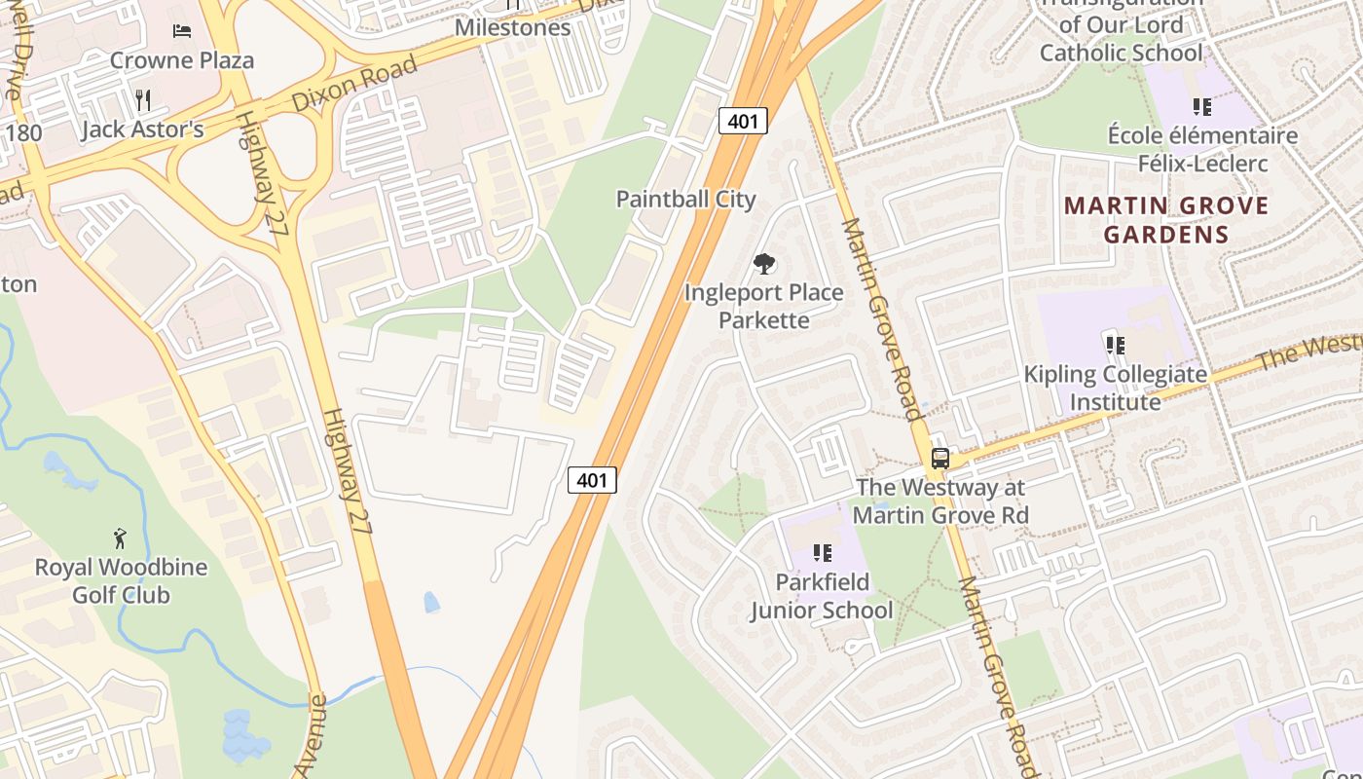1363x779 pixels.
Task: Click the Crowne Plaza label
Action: (x=181, y=60)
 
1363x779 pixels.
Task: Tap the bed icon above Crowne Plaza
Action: (x=181, y=31)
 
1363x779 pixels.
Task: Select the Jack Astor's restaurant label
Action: (x=142, y=130)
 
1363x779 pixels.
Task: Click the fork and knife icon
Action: (x=143, y=99)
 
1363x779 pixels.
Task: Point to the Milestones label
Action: (x=513, y=27)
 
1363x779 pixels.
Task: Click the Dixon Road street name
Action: (x=353, y=85)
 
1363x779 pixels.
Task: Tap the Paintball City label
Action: (x=685, y=199)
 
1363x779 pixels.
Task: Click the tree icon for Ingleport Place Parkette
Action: (x=764, y=263)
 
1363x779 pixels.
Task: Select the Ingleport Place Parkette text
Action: (x=764, y=306)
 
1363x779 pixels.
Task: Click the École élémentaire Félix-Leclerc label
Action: (x=1202, y=149)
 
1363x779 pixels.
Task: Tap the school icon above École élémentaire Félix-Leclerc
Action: (x=1201, y=107)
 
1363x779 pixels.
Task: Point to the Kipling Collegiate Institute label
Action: (x=1115, y=388)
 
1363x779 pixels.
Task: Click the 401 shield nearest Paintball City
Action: (x=744, y=121)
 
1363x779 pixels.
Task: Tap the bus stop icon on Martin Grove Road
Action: (x=939, y=458)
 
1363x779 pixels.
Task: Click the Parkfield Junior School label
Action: (x=821, y=596)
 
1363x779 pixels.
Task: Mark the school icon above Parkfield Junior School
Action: (x=823, y=553)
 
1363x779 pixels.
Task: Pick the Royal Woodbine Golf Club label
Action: (x=121, y=580)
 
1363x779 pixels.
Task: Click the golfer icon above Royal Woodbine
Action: (x=120, y=538)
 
